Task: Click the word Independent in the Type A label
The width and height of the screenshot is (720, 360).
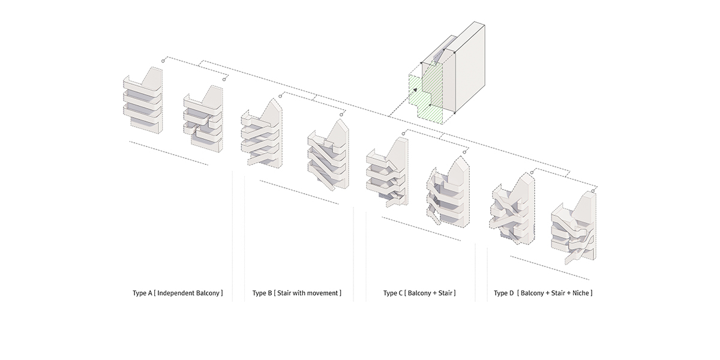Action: point(177,293)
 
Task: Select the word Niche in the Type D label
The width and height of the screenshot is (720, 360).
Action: point(581,293)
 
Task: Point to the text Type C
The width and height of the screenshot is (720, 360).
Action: point(393,293)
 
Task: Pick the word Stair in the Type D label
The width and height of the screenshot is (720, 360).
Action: point(559,293)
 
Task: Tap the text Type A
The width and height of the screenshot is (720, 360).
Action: point(142,293)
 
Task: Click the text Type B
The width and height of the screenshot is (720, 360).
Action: point(262,293)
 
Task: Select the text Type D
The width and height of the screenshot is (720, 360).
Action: point(503,293)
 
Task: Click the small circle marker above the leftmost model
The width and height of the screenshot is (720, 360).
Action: point(163,61)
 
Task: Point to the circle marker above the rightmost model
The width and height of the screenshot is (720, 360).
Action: point(593,191)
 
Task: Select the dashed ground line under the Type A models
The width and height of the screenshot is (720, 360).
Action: point(169,153)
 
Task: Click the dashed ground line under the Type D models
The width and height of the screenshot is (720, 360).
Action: point(550,268)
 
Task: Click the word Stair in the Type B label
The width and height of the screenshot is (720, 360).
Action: point(285,293)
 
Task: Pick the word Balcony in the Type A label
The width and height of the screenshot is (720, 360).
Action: point(209,293)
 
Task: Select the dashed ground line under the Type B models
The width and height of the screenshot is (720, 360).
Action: point(299,192)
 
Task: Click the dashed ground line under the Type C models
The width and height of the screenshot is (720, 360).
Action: point(421,229)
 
